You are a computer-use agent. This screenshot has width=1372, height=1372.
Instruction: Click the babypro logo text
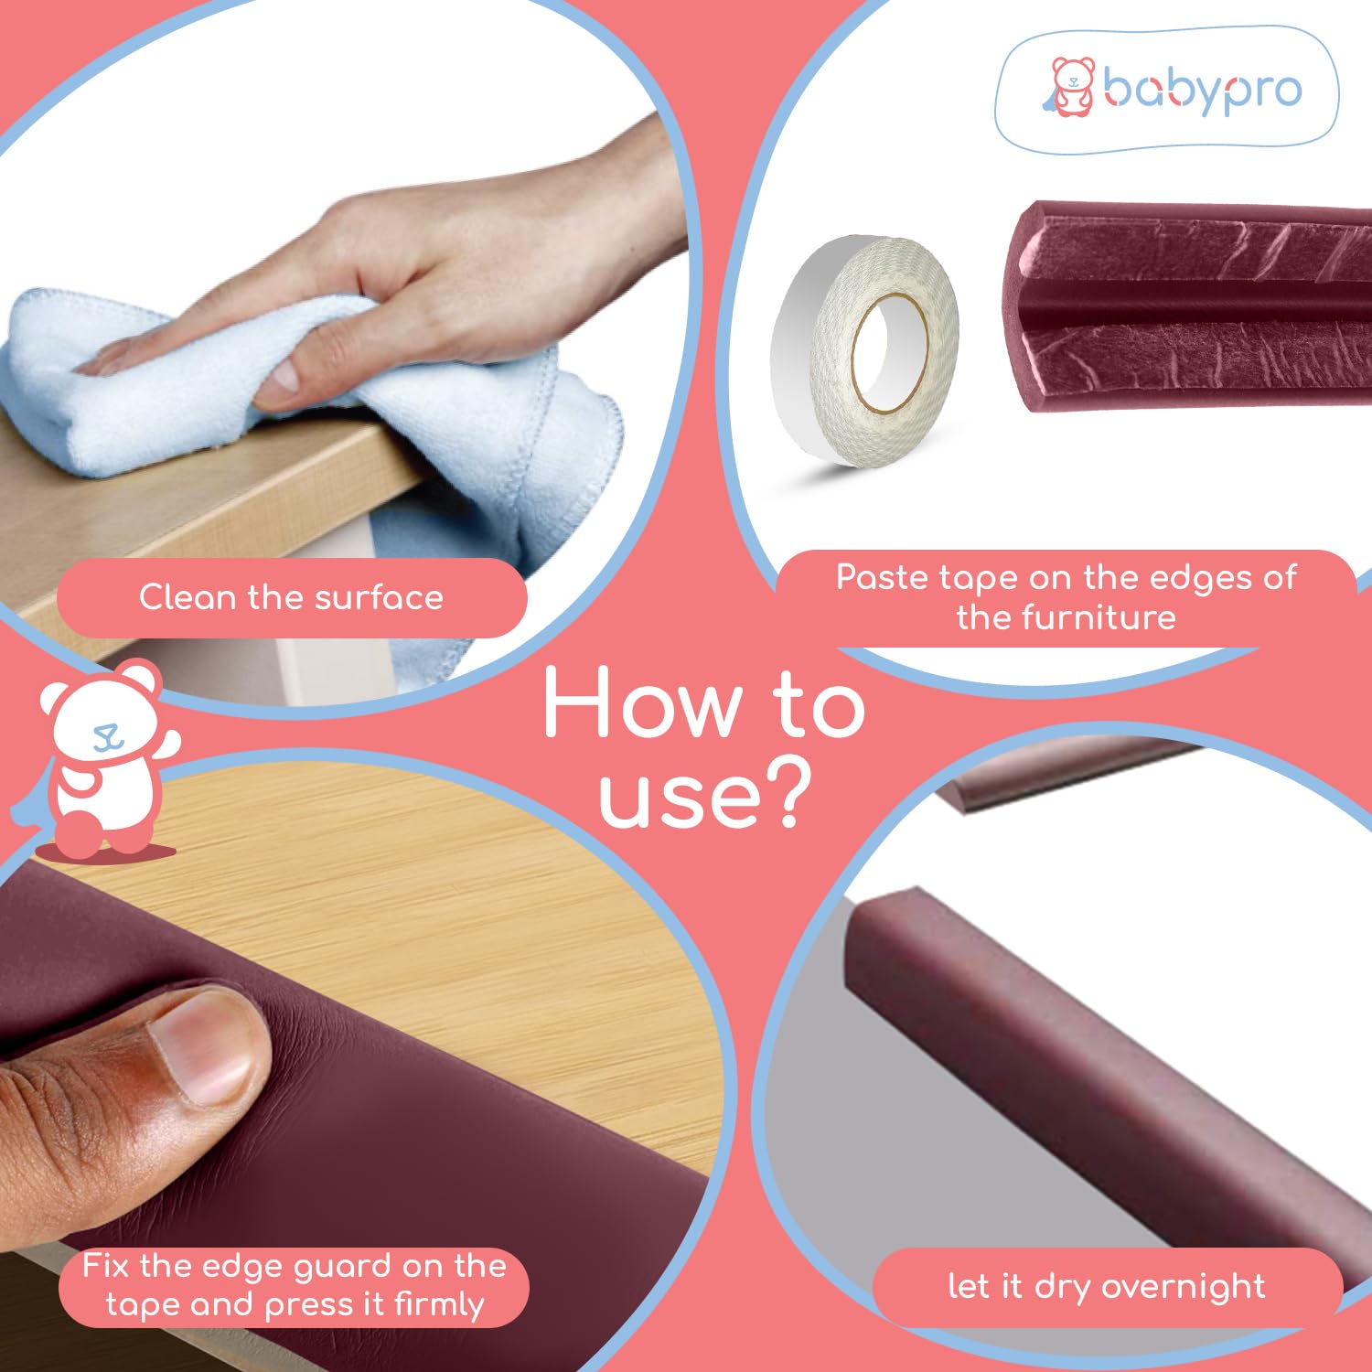pyautogui.click(x=1202, y=90)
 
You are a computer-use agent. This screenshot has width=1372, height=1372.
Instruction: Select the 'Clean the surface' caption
pyautogui.click(x=291, y=597)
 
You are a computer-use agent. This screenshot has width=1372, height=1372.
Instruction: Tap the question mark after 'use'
pyautogui.click(x=786, y=793)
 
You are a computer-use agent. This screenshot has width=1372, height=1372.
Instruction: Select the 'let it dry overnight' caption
pyautogui.click(x=1107, y=1286)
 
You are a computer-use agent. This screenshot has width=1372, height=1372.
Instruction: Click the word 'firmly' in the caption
pyautogui.click(x=439, y=1304)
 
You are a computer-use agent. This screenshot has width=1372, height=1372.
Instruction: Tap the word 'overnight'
pyautogui.click(x=1184, y=1287)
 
